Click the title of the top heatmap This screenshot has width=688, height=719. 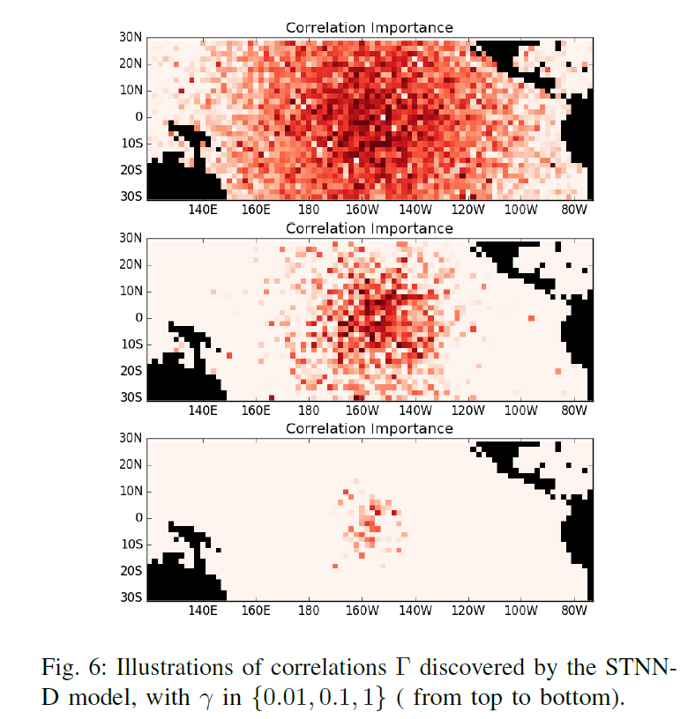coord(369,28)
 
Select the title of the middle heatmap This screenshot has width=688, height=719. coord(369,228)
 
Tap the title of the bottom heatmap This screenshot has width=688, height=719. coord(369,429)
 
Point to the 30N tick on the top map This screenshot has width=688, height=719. coord(131,37)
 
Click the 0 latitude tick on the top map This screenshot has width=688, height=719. coord(138,116)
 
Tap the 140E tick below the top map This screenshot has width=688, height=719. coord(202,210)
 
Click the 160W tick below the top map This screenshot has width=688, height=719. coord(362,210)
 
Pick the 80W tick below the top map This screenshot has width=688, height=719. coord(574,210)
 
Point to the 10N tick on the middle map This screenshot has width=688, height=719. coord(131,291)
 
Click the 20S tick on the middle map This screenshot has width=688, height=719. coord(131,370)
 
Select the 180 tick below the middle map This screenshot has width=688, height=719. coord(309,411)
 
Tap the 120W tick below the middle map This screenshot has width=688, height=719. coord(467,411)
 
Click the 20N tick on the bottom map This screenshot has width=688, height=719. coord(131,464)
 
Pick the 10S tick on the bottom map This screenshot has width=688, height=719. coord(131,544)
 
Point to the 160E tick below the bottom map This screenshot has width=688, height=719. coord(255,611)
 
